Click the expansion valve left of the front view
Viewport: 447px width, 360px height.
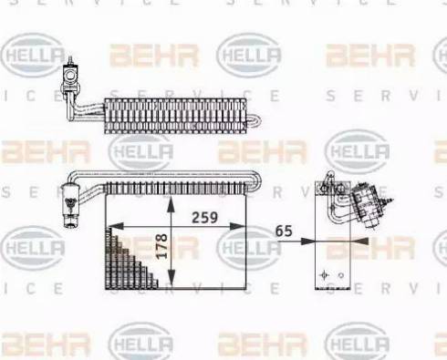[x=68, y=201]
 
